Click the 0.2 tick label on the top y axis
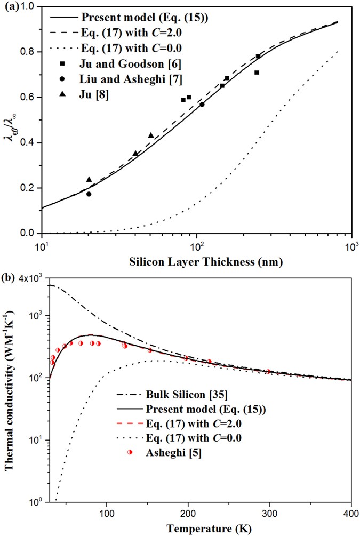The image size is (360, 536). click(x=27, y=188)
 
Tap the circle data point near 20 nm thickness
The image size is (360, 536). click(x=89, y=194)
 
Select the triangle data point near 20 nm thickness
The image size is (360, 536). click(x=89, y=179)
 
